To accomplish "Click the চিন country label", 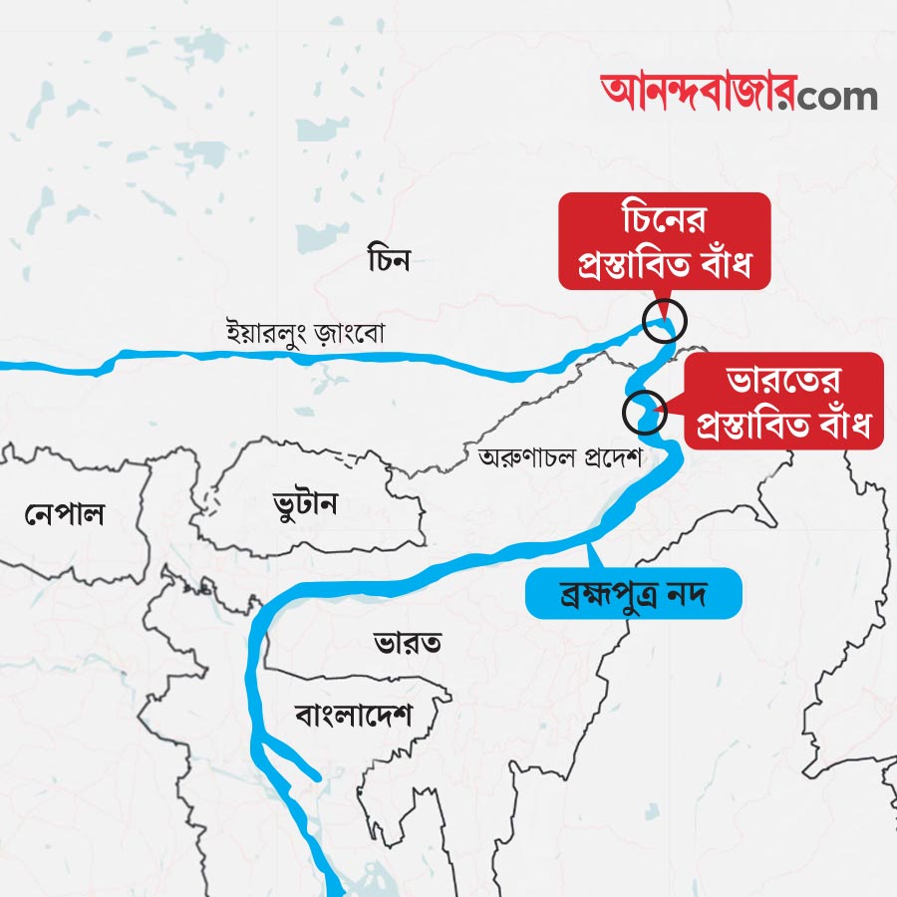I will click(x=389, y=261).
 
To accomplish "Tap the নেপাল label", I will click(x=66, y=514).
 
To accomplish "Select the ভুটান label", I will click(x=305, y=503).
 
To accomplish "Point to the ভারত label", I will click(x=409, y=641).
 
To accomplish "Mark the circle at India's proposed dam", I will click(x=644, y=411).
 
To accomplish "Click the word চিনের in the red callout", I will click(x=665, y=218).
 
